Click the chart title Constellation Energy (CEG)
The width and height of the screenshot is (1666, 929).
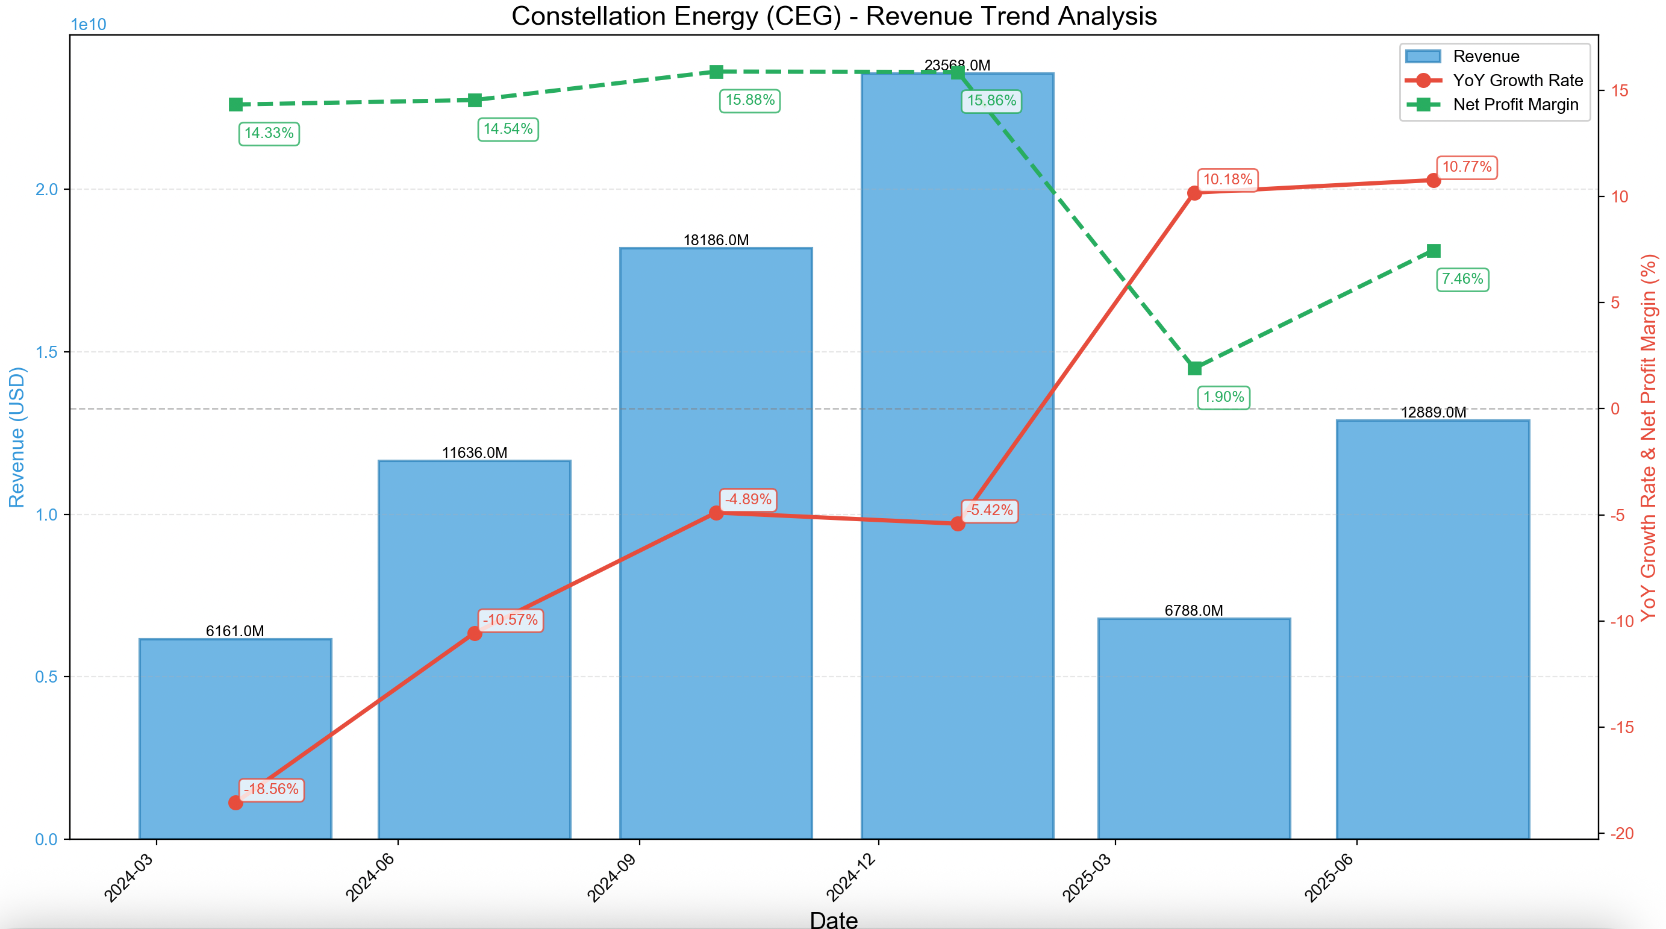coord(834,16)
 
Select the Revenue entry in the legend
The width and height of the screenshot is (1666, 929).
coord(1485,56)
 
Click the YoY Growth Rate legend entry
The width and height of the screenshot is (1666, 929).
coord(1517,80)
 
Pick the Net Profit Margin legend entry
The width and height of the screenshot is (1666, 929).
coord(1515,105)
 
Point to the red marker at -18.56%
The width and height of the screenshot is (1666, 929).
coord(236,803)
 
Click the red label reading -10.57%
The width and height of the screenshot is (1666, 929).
coord(510,620)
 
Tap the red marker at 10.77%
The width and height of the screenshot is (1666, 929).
coord(1433,181)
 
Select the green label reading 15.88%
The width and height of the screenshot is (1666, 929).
coord(749,100)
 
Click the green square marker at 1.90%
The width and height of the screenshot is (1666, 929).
coord(1194,369)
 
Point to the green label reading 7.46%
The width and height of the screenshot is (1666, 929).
coord(1462,280)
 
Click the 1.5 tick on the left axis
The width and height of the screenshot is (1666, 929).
coord(46,352)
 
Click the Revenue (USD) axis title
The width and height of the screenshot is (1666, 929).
coord(16,437)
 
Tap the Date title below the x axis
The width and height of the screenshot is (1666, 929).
coord(834,919)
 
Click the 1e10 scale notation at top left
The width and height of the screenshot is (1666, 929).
coord(88,25)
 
